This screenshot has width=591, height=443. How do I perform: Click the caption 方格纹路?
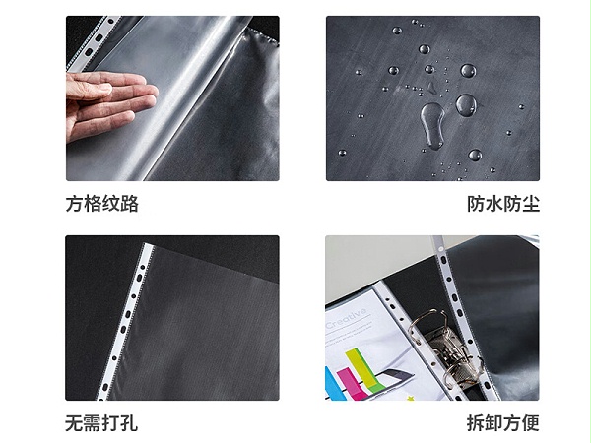click(102, 204)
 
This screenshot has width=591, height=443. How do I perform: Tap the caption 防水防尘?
click(503, 204)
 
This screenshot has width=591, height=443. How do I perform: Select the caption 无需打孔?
click(101, 423)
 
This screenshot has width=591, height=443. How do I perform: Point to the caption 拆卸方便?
click(503, 423)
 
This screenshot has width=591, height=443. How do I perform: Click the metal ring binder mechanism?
click(445, 348)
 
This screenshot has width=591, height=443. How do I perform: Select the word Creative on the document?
click(346, 318)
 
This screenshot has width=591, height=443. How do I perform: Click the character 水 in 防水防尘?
click(494, 204)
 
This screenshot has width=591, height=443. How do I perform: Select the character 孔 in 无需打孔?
click(129, 423)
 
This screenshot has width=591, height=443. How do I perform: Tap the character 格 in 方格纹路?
click(93, 204)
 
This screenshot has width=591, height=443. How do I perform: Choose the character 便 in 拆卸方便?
click(531, 423)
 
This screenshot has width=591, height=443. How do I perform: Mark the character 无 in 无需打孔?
click(74, 423)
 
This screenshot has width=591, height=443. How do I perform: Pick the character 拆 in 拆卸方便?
click(476, 423)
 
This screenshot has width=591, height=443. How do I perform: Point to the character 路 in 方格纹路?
click(130, 204)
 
